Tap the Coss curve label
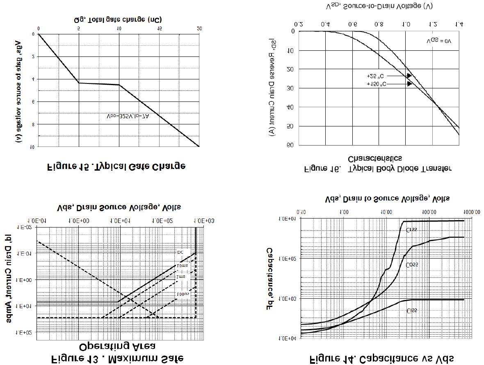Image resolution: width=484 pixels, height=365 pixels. [x=412, y=265]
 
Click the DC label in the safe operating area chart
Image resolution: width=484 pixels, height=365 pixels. [x=180, y=252]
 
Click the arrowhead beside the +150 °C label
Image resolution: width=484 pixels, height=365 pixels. [x=409, y=84]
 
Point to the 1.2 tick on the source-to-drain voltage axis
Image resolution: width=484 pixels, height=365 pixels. [x=433, y=25]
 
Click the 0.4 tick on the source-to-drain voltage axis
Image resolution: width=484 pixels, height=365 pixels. [x=325, y=25]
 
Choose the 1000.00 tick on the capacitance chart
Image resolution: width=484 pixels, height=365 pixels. [x=471, y=212]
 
